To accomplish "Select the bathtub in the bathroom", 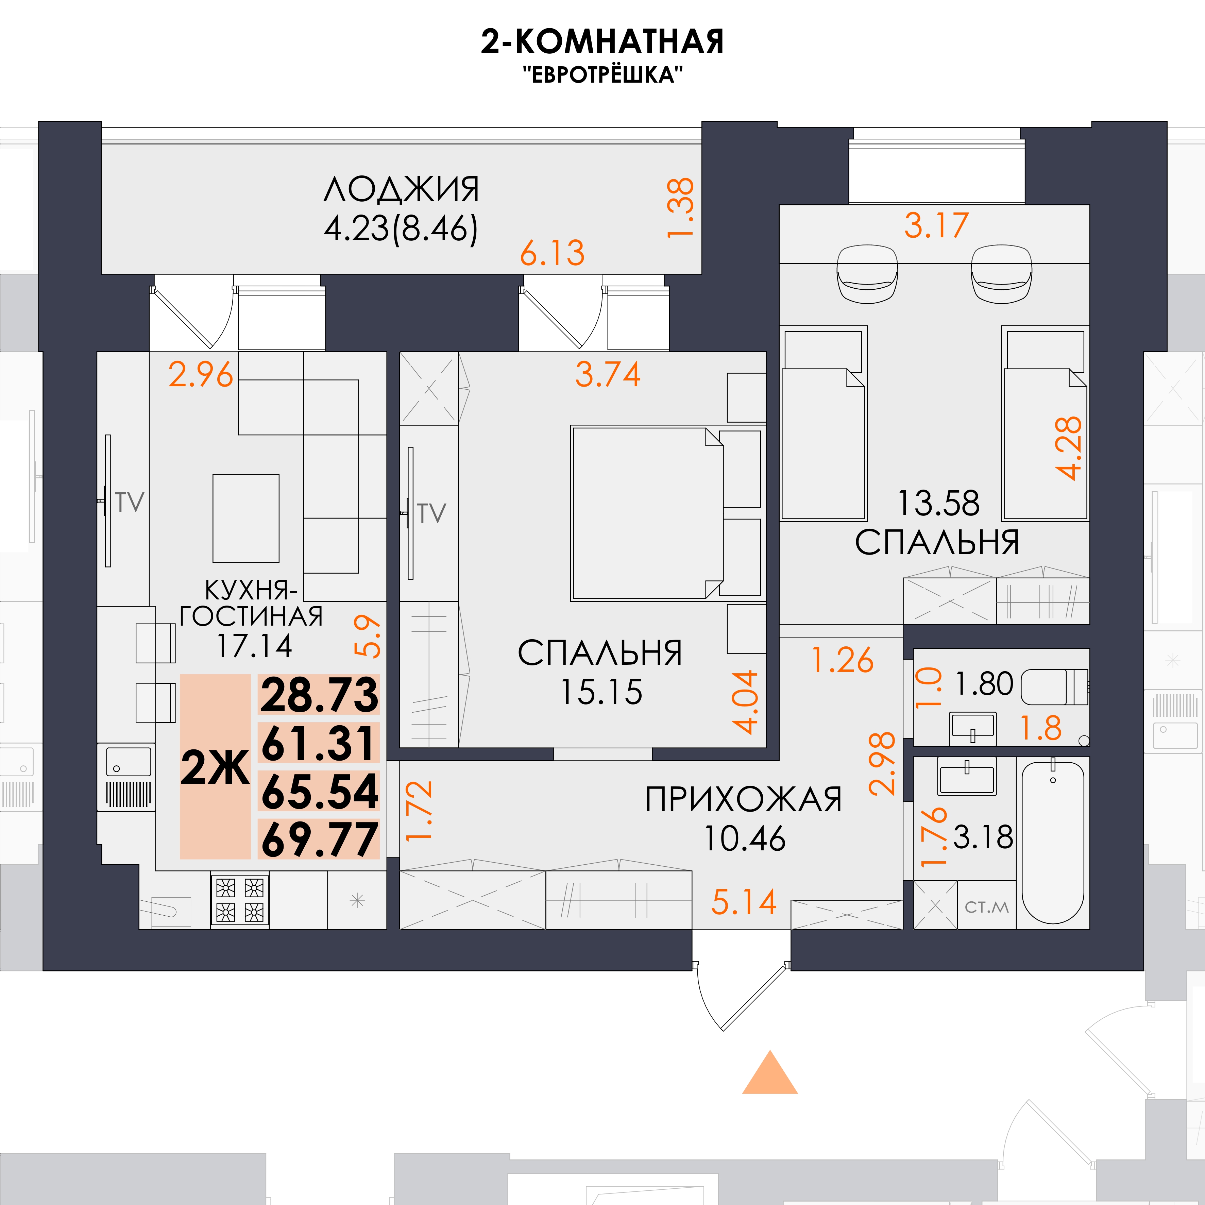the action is [1053, 842].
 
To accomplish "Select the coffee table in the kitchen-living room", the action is [246, 518].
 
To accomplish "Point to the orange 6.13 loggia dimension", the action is [553, 253].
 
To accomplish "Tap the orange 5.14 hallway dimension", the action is [744, 902].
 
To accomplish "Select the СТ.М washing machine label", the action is [987, 907].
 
